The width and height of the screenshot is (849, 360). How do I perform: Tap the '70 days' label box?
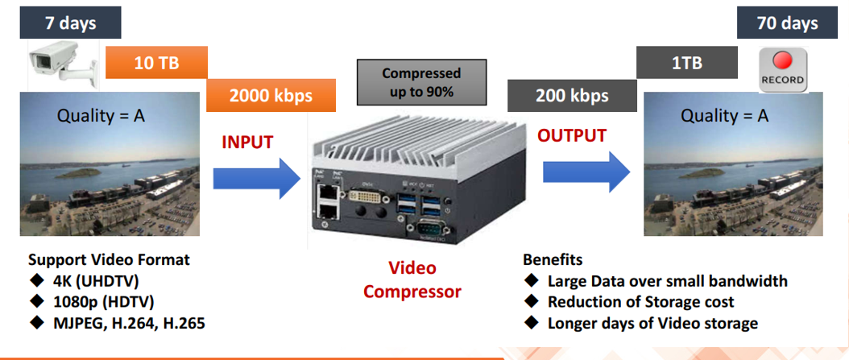[x=787, y=22]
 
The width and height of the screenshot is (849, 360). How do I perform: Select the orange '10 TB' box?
[x=156, y=63]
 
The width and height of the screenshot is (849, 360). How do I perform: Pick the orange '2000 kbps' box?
[x=271, y=96]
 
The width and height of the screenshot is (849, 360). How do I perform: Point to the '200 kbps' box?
[x=572, y=96]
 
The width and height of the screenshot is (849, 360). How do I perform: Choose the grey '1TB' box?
[x=686, y=63]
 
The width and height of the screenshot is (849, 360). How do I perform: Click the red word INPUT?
[x=247, y=143]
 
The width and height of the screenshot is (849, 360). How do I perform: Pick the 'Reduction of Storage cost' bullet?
[x=640, y=302]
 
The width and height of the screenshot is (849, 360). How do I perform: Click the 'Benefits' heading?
[x=553, y=260]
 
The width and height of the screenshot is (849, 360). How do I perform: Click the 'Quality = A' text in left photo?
[x=101, y=116]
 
